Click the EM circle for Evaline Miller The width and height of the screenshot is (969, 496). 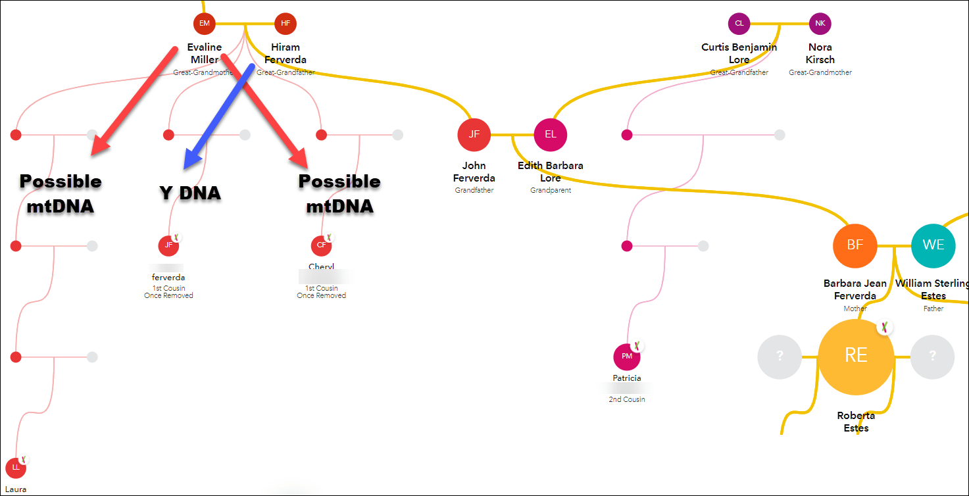(x=205, y=24)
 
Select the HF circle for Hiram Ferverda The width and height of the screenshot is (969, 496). (x=286, y=24)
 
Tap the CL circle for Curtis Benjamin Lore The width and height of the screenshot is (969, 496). (x=739, y=24)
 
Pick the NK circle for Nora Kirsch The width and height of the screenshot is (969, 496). (x=820, y=24)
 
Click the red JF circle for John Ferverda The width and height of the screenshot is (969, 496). (x=474, y=135)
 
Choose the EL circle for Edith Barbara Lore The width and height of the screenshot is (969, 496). (x=551, y=135)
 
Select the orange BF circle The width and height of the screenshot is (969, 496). (x=855, y=245)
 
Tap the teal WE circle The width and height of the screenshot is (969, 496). (x=933, y=245)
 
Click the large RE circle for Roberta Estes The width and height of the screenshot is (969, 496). (x=856, y=356)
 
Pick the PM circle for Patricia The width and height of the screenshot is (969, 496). (x=627, y=357)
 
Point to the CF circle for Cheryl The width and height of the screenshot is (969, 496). (x=322, y=245)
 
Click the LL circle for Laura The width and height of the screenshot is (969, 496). (x=16, y=468)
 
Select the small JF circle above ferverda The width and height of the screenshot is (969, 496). (x=168, y=245)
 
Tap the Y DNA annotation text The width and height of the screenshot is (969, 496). (x=190, y=193)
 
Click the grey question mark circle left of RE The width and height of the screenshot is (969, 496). (x=780, y=357)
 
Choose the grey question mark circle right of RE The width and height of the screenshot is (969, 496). (x=932, y=357)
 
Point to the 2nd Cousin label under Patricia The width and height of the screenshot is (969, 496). (x=627, y=399)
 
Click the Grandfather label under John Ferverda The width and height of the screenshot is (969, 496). (x=474, y=190)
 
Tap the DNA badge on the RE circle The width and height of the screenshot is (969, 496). (x=885, y=326)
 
